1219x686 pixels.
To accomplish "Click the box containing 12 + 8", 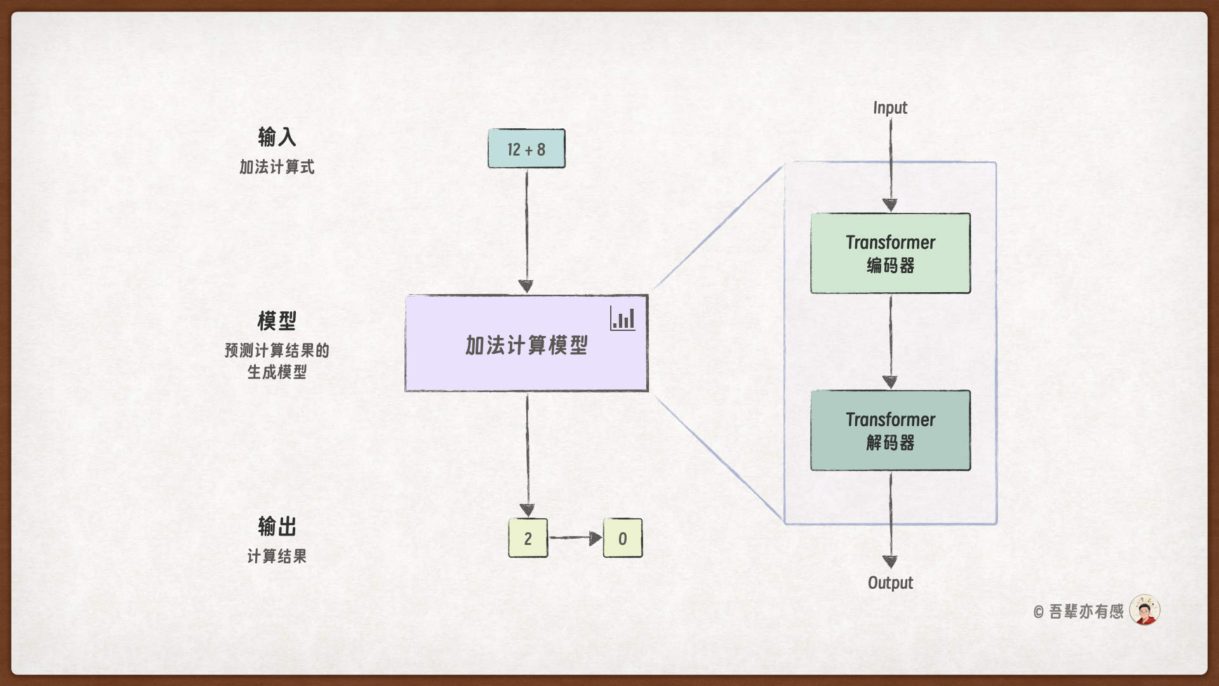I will pos(526,149).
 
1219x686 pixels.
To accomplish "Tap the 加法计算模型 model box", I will pos(526,356).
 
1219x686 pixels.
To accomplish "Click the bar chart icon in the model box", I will pos(623,318).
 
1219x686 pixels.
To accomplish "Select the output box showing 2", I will pos(528,538).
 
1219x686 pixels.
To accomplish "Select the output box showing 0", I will pos(622,538).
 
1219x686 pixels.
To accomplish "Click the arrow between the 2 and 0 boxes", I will pos(575,538).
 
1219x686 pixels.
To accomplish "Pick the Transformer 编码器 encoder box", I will pos(890,253).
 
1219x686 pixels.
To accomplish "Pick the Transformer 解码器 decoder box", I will pos(890,430).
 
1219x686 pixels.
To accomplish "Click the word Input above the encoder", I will pos(890,108).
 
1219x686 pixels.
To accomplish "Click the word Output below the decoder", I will pos(890,582).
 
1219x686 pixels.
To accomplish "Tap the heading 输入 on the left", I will pos(277,137).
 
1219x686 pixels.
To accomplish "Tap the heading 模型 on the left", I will pos(277,320).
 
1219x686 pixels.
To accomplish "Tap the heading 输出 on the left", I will pos(277,526).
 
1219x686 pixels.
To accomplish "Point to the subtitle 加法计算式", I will pos(277,167).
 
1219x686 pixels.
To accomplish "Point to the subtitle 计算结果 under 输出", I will pos(277,556).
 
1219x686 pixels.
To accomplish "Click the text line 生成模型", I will pos(277,372).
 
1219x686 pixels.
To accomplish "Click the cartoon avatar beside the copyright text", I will pos(1145,610).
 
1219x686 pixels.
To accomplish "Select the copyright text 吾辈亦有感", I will pos(1086,611).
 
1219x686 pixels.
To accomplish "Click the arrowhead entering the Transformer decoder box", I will pos(890,382).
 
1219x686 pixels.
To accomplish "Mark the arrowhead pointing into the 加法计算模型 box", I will pos(526,286).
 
